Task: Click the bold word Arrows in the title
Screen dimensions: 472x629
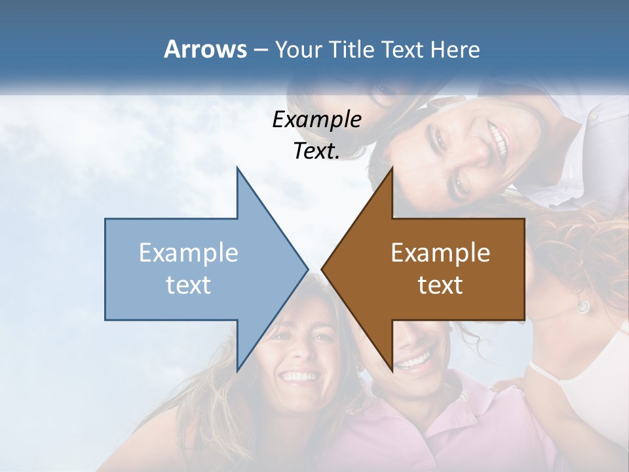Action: pos(205,49)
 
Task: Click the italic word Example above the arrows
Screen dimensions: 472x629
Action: pos(316,119)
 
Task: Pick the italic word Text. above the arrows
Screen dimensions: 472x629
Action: pos(316,151)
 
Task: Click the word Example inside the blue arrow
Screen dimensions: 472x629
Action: pos(188,253)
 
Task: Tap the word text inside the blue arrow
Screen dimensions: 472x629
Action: pos(188,285)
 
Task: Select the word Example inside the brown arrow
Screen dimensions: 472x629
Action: pos(440,253)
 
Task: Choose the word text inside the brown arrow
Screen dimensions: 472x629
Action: pos(440,285)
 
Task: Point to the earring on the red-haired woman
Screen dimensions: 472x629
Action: pos(582,305)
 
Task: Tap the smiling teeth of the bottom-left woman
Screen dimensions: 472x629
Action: pos(299,377)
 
